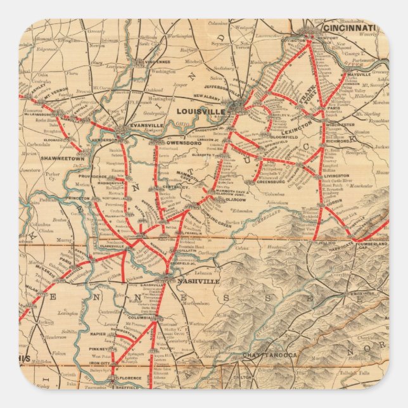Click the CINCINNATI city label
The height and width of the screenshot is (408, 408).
349,28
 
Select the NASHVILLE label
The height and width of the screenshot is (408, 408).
198,281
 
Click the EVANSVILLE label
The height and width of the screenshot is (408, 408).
143,125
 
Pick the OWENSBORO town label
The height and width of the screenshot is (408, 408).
179,143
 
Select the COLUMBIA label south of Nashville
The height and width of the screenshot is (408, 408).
141,317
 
